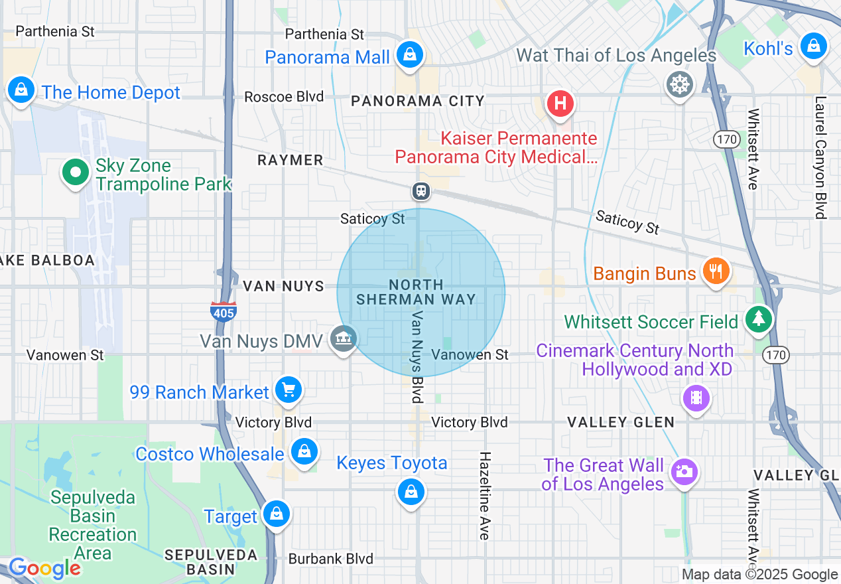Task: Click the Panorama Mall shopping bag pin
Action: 410,54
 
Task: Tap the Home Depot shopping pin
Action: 21,90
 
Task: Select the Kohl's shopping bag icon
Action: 812,46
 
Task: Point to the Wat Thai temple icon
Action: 680,84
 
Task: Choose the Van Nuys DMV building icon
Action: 344,339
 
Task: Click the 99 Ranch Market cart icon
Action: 289,390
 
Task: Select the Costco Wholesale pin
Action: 304,452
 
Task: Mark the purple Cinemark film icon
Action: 696,398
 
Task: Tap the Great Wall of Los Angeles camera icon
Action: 683,473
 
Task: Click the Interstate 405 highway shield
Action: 223,311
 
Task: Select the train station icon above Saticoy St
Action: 420,192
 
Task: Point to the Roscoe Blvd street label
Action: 284,97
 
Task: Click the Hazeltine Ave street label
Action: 485,495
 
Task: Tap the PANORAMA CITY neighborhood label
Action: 418,101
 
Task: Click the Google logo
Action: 44,568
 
